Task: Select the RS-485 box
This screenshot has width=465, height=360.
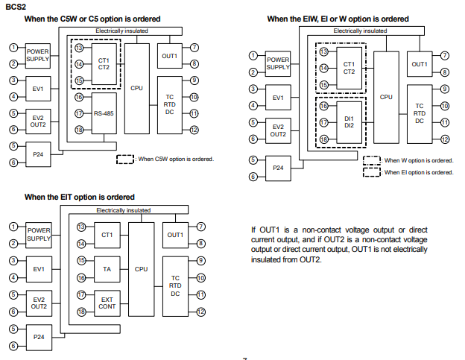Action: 104,114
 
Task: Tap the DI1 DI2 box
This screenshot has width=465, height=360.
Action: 349,122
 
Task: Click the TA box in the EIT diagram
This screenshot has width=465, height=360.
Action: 107,268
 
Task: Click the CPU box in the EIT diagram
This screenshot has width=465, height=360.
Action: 142,268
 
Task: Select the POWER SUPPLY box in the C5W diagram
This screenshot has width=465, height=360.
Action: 38,54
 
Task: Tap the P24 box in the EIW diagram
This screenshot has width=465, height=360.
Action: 278,168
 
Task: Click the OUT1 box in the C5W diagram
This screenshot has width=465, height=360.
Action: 169,56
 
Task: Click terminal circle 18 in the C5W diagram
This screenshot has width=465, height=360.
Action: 78,130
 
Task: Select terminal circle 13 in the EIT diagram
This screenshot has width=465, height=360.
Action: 81,227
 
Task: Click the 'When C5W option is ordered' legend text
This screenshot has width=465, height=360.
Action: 176,159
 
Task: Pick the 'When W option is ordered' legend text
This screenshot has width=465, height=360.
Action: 418,160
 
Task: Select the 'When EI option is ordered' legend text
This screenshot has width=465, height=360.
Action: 419,172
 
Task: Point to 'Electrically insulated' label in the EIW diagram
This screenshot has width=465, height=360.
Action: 360,31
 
